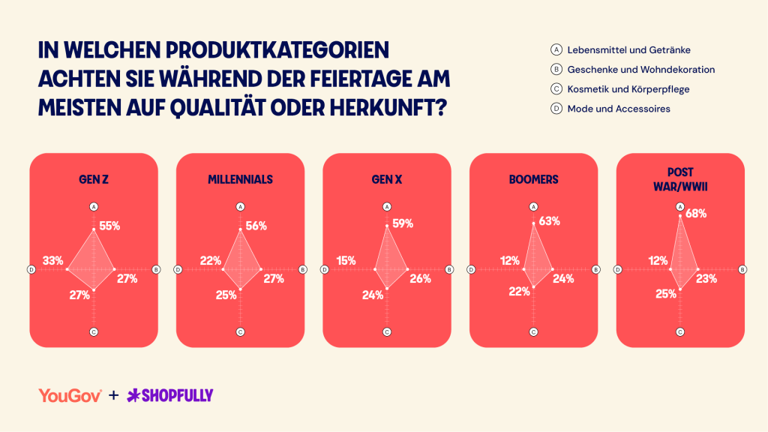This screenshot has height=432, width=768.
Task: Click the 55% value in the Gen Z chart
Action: pyautogui.click(x=109, y=226)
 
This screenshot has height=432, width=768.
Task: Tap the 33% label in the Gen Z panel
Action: pyautogui.click(x=53, y=260)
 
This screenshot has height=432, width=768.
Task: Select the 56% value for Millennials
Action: pyautogui.click(x=256, y=226)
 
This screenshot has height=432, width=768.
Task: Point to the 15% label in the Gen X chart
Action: pyautogui.click(x=346, y=260)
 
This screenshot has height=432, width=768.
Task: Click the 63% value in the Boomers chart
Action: pyautogui.click(x=550, y=221)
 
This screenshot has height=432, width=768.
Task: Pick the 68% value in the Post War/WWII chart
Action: pyautogui.click(x=696, y=214)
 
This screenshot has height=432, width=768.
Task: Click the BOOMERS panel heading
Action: pyautogui.click(x=533, y=180)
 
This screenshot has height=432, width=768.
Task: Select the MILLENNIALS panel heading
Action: pyautogui.click(x=240, y=180)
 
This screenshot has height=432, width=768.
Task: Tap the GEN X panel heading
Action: pyautogui.click(x=387, y=180)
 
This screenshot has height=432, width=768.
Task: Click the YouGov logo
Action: pyautogui.click(x=70, y=395)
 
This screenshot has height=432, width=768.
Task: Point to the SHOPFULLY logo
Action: pyautogui.click(x=170, y=395)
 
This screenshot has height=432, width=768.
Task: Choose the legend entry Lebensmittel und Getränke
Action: pyautogui.click(x=629, y=50)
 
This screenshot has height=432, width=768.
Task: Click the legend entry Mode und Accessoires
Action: pyautogui.click(x=619, y=109)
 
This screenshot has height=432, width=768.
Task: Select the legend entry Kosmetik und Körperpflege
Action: pyautogui.click(x=628, y=89)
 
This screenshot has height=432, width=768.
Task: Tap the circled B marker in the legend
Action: pyautogui.click(x=556, y=70)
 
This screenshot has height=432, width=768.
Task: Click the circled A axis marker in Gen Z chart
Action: pyautogui.click(x=94, y=207)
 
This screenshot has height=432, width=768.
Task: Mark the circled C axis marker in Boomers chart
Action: pyautogui.click(x=533, y=332)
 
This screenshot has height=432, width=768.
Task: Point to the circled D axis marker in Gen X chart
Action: pyautogui.click(x=324, y=269)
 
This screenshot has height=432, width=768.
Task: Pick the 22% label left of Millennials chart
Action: pyautogui.click(x=211, y=260)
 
